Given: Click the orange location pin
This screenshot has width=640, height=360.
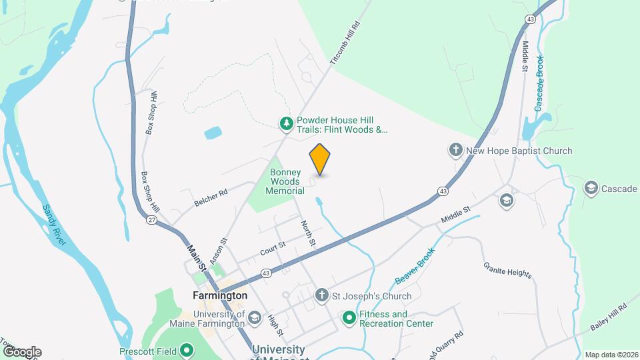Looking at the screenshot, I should (320, 159).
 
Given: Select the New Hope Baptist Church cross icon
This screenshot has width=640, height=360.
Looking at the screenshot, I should (456, 151).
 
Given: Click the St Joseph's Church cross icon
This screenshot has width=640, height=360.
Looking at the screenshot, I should (321, 296).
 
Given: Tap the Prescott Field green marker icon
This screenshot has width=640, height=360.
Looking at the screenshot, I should (187, 350).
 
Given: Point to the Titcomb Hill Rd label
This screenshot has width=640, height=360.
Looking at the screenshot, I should (345, 43).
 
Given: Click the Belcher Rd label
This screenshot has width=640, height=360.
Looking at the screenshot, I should (211, 197).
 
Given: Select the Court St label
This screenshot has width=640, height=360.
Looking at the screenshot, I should (273, 247).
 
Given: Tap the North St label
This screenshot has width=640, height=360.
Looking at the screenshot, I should (307, 234).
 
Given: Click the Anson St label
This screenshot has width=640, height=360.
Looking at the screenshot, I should (219, 250).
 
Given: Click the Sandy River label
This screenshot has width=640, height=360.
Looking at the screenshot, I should (55, 225).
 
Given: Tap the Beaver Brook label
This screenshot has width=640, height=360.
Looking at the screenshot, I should (414, 265).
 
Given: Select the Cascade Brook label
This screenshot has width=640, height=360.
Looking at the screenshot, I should (540, 83).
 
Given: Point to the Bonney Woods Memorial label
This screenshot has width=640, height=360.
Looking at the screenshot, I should (285, 181).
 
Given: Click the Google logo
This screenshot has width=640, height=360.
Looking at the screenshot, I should (22, 351).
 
